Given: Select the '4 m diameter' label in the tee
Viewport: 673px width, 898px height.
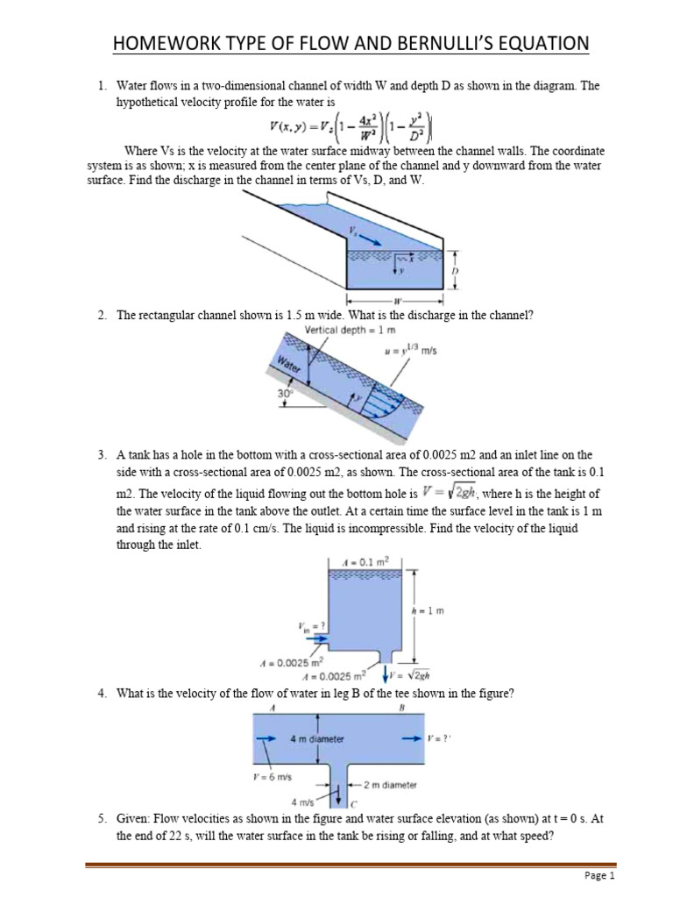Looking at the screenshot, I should [316, 738].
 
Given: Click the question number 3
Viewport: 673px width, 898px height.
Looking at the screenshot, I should [102, 455].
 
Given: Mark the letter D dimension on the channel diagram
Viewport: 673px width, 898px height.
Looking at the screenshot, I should [455, 272].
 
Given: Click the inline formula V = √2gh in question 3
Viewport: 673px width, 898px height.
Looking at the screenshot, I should [448, 492].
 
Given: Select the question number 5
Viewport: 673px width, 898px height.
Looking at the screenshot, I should [102, 818].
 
